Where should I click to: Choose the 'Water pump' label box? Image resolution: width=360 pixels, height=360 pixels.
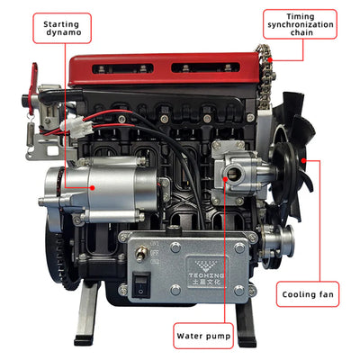[x=203, y=337]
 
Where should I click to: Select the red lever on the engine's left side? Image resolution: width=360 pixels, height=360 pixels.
[x=36, y=81]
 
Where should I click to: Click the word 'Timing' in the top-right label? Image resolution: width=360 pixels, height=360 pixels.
[x=300, y=16]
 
